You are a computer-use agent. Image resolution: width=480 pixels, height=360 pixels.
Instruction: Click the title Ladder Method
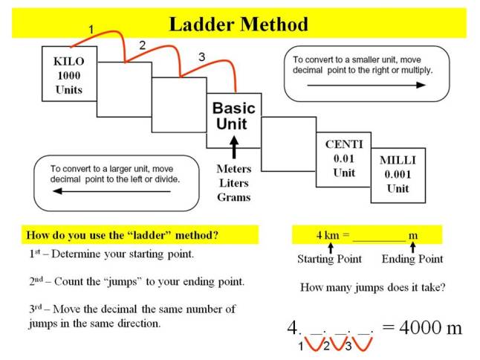238,24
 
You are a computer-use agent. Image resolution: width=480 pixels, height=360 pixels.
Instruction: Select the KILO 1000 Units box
68,74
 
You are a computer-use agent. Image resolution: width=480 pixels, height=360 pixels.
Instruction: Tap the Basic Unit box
233,115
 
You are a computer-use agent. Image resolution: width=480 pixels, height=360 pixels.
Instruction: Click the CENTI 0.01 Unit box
343,158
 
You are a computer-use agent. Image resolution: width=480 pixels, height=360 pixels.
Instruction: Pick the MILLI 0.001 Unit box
398,174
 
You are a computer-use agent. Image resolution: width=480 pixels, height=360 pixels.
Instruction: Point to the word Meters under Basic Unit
233,169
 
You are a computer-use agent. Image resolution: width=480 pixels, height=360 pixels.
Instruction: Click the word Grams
233,197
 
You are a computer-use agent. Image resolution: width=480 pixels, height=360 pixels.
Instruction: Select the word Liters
233,183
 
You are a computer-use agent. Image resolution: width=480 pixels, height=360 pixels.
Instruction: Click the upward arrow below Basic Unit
233,146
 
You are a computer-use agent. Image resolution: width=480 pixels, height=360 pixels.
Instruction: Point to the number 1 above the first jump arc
91,29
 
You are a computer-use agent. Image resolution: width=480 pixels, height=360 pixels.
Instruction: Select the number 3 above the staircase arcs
201,57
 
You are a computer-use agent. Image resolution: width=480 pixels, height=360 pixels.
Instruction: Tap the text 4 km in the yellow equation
327,236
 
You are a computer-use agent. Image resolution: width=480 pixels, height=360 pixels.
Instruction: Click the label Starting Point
329,259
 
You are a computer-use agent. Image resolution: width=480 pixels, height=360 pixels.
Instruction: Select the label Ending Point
412,259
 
